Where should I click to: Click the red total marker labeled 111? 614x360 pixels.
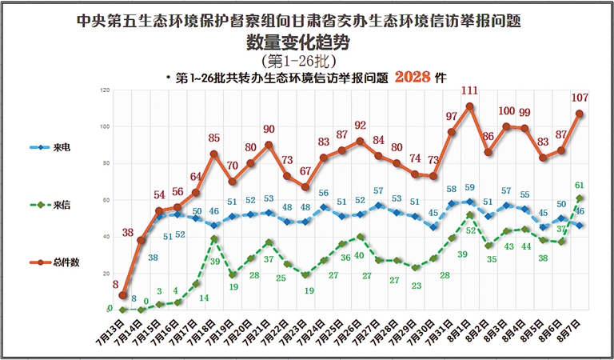469,106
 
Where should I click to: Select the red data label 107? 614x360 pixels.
580,98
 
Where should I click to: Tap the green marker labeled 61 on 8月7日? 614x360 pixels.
579,198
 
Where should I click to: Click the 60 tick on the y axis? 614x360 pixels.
106,199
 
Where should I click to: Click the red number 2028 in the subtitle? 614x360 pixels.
413,78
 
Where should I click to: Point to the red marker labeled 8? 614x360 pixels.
123,295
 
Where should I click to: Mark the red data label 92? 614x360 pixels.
360,126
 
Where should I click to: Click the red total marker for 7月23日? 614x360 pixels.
305,187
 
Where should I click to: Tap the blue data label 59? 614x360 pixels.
470,188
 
